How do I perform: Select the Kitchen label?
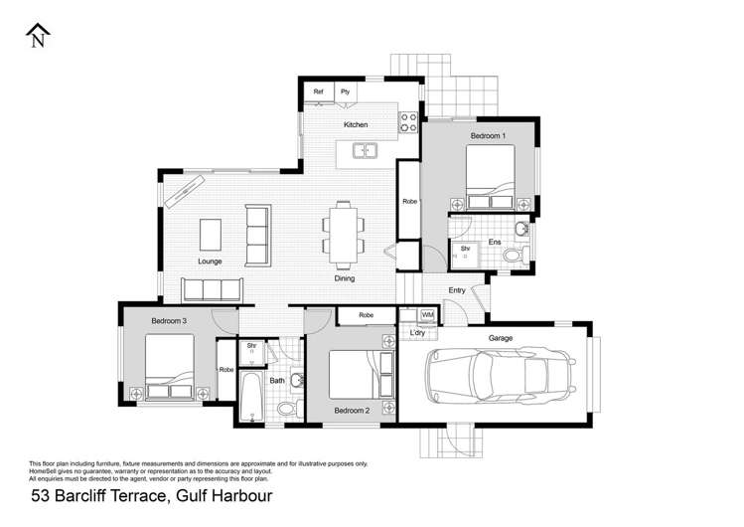[x=356, y=125]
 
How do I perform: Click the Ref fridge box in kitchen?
[x=319, y=92]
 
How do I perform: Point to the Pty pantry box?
[x=346, y=92]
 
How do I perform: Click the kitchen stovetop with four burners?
[x=407, y=122]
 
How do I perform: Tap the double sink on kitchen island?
[x=366, y=152]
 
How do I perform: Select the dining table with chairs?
[x=343, y=235]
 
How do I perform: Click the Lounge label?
[x=209, y=262]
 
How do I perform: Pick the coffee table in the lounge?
[x=211, y=234]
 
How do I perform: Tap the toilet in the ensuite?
[x=512, y=257]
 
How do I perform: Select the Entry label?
[x=456, y=290]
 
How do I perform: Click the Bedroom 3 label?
[x=169, y=321]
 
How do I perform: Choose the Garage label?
[x=500, y=338]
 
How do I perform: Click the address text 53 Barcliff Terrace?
[x=151, y=494]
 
